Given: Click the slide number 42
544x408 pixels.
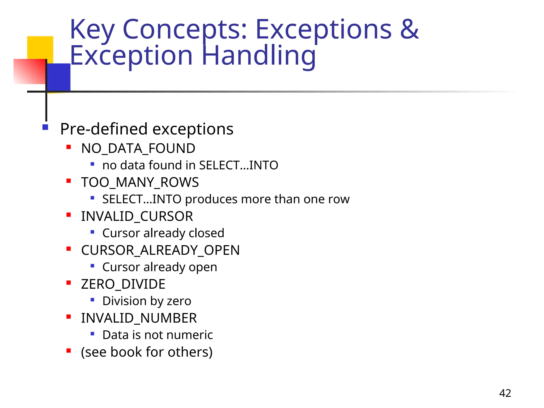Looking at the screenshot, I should tap(505, 393).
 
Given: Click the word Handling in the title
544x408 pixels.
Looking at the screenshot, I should tap(259, 56).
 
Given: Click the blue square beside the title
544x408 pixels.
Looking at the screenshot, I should tap(59, 77).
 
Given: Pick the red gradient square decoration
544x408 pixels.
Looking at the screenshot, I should tap(29, 71).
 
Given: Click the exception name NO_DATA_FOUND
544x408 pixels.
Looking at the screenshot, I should tap(138, 148).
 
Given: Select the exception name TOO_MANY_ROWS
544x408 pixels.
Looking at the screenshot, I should tap(140, 182).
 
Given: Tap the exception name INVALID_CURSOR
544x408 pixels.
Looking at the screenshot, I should tap(137, 216).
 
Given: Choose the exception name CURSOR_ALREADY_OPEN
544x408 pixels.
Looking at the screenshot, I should tap(160, 250).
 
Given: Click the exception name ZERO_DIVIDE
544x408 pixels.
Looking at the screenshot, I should tap(123, 284).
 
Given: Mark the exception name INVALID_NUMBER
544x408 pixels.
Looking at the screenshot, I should tap(139, 318).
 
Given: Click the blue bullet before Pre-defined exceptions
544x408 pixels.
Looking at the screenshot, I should tap(45, 127).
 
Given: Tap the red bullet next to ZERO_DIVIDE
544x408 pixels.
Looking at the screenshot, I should tap(69, 283).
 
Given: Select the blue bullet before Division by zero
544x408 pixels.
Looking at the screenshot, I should tap(92, 300).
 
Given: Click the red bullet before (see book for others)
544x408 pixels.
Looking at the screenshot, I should tap(69, 351).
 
